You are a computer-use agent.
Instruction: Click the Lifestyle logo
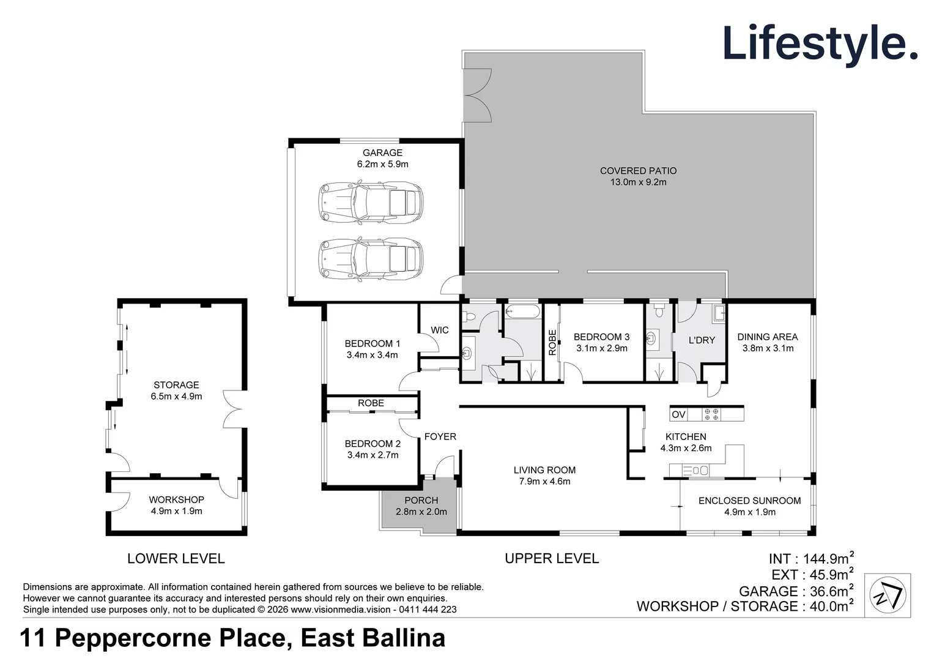point(820,44)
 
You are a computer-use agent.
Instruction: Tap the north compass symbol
point(888,595)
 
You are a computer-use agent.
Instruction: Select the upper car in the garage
point(371,203)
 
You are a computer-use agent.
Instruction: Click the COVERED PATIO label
point(639,171)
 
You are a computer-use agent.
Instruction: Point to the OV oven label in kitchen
point(679,414)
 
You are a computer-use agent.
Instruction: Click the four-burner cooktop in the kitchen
point(711,414)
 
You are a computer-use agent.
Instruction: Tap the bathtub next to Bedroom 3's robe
point(522,312)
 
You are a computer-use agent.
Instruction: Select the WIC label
point(440,330)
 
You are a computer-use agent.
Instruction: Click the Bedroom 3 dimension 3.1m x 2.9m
point(602,348)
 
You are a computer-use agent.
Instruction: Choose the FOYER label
point(440,436)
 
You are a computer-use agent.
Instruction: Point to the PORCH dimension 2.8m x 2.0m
point(421,512)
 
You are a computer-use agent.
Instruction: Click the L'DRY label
point(702,340)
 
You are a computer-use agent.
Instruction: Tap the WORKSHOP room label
point(176,499)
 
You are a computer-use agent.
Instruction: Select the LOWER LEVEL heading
point(176,558)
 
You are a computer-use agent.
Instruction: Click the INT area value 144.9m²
point(828,558)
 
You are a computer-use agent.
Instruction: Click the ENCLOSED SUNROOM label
point(750,501)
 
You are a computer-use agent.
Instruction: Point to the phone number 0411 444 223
point(428,609)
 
